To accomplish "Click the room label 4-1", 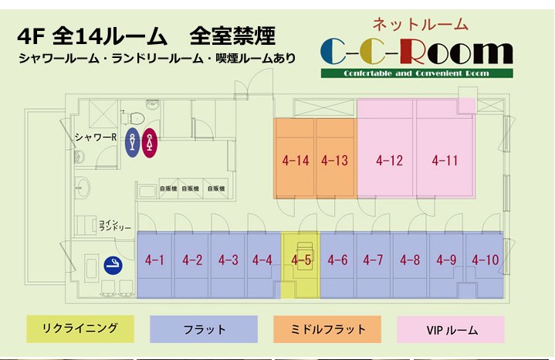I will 155,260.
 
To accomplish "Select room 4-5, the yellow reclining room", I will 300,260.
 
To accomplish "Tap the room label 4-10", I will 486,260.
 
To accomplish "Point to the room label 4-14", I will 296,161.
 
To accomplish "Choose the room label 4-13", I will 335,161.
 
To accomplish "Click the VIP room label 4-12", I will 390,161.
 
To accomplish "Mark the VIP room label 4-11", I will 445,161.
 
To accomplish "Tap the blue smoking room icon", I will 114,267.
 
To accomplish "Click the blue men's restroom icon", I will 133,143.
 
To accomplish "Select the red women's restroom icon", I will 150,143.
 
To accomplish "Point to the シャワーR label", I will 95,138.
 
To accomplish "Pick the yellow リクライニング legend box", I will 80,328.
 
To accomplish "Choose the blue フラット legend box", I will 204,329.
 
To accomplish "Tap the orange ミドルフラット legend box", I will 327,329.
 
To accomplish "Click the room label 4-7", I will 373,260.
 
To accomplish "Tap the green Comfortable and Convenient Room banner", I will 417,73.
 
